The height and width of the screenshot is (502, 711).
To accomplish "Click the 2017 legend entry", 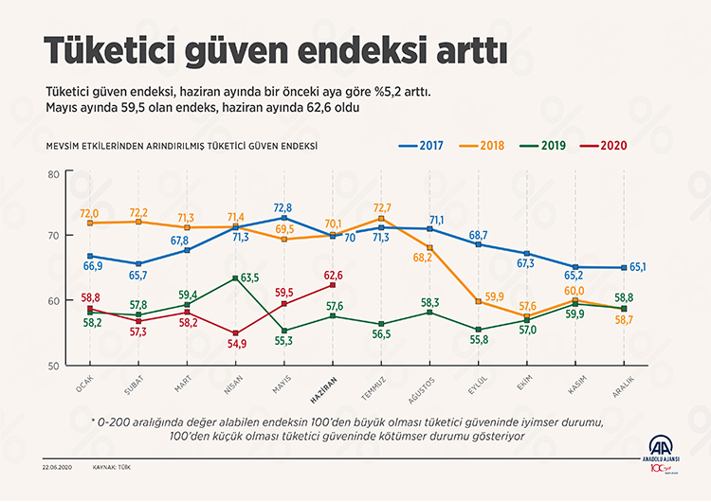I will click(x=425, y=147).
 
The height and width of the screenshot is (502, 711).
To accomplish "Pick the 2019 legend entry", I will click(x=548, y=147).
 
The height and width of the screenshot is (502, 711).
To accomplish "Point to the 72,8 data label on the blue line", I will click(x=283, y=206).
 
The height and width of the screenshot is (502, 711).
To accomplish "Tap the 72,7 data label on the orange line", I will click(x=381, y=206).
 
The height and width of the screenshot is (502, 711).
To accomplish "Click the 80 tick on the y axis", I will click(x=53, y=174).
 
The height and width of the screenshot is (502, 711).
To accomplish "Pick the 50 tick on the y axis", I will click(x=53, y=365).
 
